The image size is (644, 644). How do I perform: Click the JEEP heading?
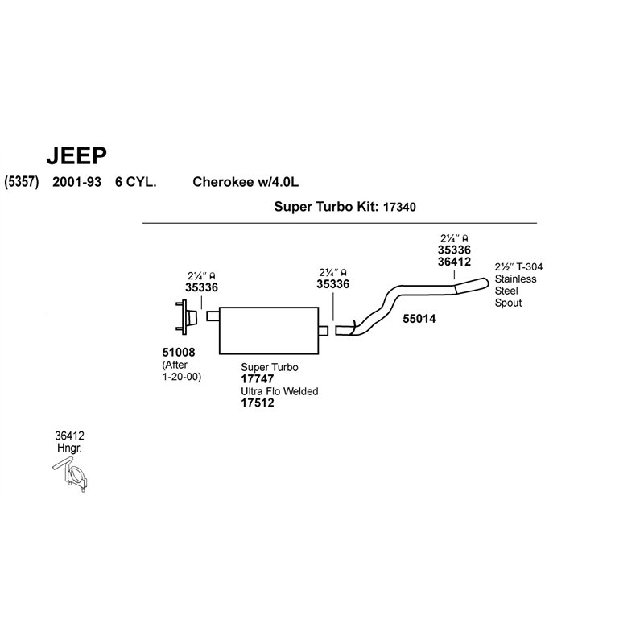tap(76, 155)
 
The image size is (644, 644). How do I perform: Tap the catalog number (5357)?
tap(22, 182)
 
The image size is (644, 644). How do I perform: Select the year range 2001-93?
tap(76, 182)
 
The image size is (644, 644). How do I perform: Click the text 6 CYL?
tap(135, 182)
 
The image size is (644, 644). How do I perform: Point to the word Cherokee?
tap(223, 182)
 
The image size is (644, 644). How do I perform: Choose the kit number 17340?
tap(399, 207)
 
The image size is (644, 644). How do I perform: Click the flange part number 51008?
tap(179, 352)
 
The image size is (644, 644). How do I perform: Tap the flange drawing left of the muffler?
tap(186, 316)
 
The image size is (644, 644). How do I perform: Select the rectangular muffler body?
tap(269, 330)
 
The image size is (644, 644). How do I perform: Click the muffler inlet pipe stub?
tap(213, 316)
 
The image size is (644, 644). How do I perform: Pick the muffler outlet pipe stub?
tap(324, 330)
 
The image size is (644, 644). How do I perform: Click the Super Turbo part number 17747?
tap(258, 378)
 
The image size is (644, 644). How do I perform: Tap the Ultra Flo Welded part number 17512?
tap(258, 402)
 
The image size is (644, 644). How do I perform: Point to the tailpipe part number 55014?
tap(419, 319)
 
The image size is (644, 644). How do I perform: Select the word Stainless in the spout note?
tap(515, 279)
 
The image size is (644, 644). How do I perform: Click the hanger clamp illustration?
tap(71, 476)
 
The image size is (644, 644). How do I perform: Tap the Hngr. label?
tap(69, 448)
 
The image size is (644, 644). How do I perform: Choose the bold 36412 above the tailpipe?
tap(454, 262)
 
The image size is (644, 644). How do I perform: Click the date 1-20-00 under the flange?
tap(182, 377)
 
